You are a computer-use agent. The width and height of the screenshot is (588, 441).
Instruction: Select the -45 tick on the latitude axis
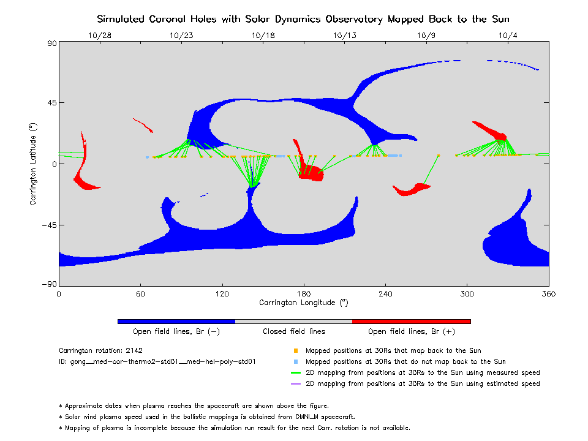tap(50, 225)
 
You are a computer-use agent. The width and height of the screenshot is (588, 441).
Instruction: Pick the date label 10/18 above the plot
tap(263, 35)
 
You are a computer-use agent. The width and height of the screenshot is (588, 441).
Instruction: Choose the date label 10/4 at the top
tap(508, 35)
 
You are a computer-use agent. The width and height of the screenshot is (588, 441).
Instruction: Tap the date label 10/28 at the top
tap(100, 35)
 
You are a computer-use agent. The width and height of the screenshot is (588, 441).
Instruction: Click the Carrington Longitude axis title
tap(303, 303)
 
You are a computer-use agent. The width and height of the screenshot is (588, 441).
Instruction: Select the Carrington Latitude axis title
tap(34, 163)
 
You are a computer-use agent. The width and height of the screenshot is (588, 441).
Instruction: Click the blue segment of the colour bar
tap(176, 321)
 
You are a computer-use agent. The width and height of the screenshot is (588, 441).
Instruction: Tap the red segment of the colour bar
tap(411, 321)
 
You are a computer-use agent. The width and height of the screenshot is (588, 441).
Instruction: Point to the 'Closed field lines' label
tap(293, 331)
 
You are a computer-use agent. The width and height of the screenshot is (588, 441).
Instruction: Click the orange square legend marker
tap(296, 351)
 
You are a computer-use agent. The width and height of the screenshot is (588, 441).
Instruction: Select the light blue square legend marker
tap(296, 362)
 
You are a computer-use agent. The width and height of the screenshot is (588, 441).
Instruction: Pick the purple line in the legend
tap(296, 384)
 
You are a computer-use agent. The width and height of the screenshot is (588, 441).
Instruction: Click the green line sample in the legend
tap(296, 373)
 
